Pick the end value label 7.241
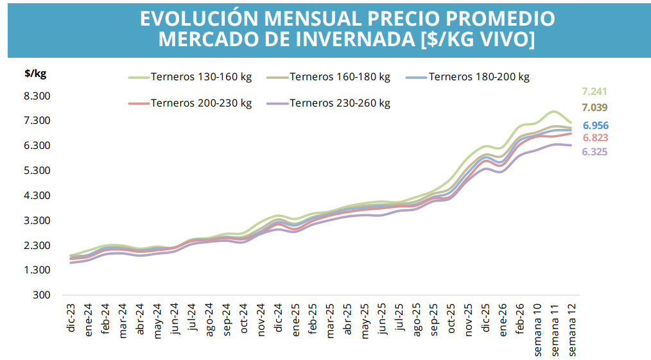(595, 91)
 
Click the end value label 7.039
(595, 108)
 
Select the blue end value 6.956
(596, 126)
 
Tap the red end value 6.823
(596, 138)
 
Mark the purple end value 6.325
(595, 152)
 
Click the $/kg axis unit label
(35, 73)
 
